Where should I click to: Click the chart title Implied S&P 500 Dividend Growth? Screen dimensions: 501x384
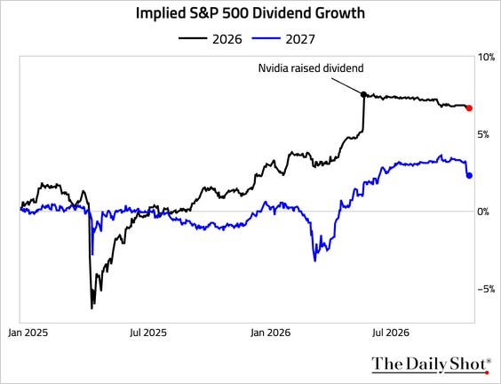tap(250, 13)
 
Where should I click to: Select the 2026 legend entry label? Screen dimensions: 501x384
tap(227, 39)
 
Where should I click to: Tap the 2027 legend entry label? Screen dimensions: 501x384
tap(300, 39)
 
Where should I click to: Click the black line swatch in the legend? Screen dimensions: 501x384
tap(193, 38)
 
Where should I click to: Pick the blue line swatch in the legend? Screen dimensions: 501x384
tap(266, 38)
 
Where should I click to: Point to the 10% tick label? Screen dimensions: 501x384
tap(486, 58)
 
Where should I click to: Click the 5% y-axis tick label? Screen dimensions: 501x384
tap(483, 134)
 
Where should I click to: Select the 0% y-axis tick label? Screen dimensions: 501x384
tap(483, 212)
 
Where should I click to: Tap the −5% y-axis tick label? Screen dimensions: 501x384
tap(486, 289)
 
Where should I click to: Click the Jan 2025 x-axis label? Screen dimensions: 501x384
tap(28, 332)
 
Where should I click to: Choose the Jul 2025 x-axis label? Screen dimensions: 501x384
tap(148, 332)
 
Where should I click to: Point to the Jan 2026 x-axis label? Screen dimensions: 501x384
tap(271, 332)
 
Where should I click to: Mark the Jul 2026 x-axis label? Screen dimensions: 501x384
tap(391, 332)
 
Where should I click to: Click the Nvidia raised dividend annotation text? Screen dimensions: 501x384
tap(311, 68)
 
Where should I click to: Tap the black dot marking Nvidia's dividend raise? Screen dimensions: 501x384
tap(363, 94)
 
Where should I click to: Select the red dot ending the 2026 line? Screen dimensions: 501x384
tap(469, 108)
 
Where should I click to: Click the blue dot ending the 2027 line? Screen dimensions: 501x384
tap(469, 175)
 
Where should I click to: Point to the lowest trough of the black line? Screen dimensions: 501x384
tap(91, 308)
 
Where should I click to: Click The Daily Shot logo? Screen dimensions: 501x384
tap(432, 364)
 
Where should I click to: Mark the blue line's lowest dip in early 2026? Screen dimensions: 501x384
tap(315, 261)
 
